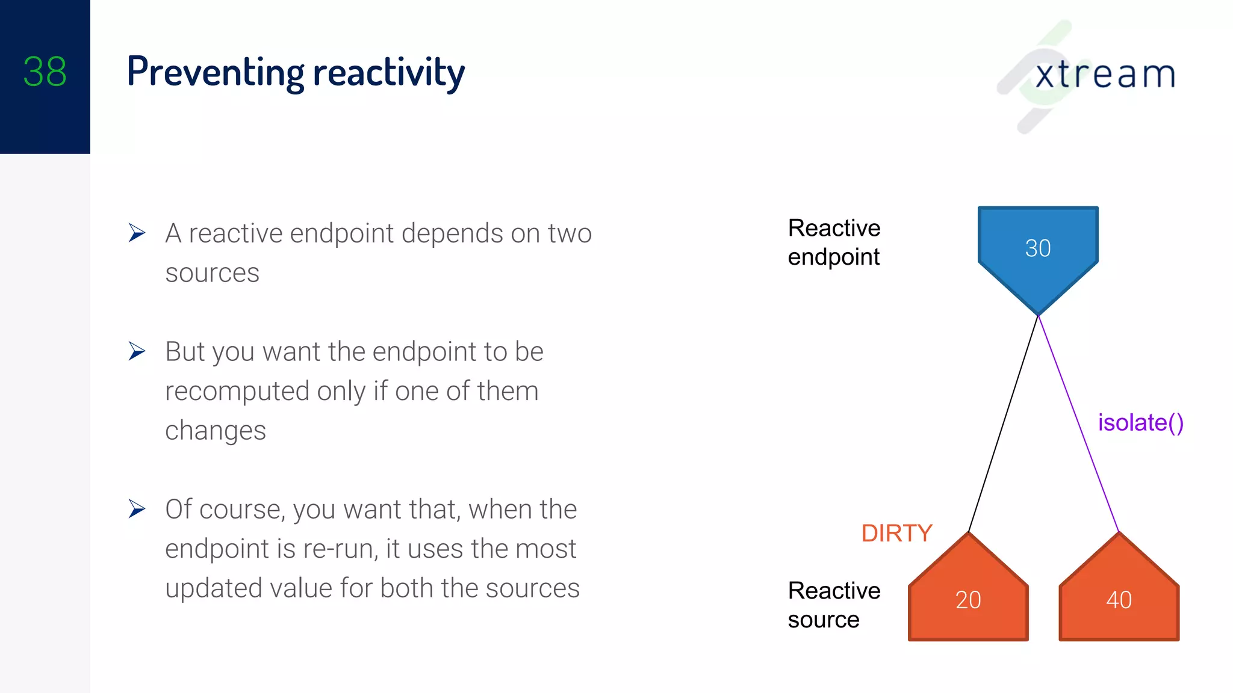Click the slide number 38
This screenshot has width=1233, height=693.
point(45,72)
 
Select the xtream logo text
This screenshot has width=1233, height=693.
point(1105,75)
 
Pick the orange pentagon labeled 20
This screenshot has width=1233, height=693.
point(968,599)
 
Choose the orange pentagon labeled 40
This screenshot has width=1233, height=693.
point(1119,599)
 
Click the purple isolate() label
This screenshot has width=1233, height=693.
point(1140,422)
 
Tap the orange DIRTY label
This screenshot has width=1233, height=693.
point(896,533)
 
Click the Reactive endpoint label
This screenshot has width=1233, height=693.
point(834,242)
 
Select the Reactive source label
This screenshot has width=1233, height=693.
point(834,605)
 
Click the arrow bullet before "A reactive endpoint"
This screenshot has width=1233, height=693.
point(137,233)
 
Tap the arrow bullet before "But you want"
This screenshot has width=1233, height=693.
point(137,351)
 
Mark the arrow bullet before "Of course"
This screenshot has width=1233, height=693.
point(137,509)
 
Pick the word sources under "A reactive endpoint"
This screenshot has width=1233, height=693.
point(212,273)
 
